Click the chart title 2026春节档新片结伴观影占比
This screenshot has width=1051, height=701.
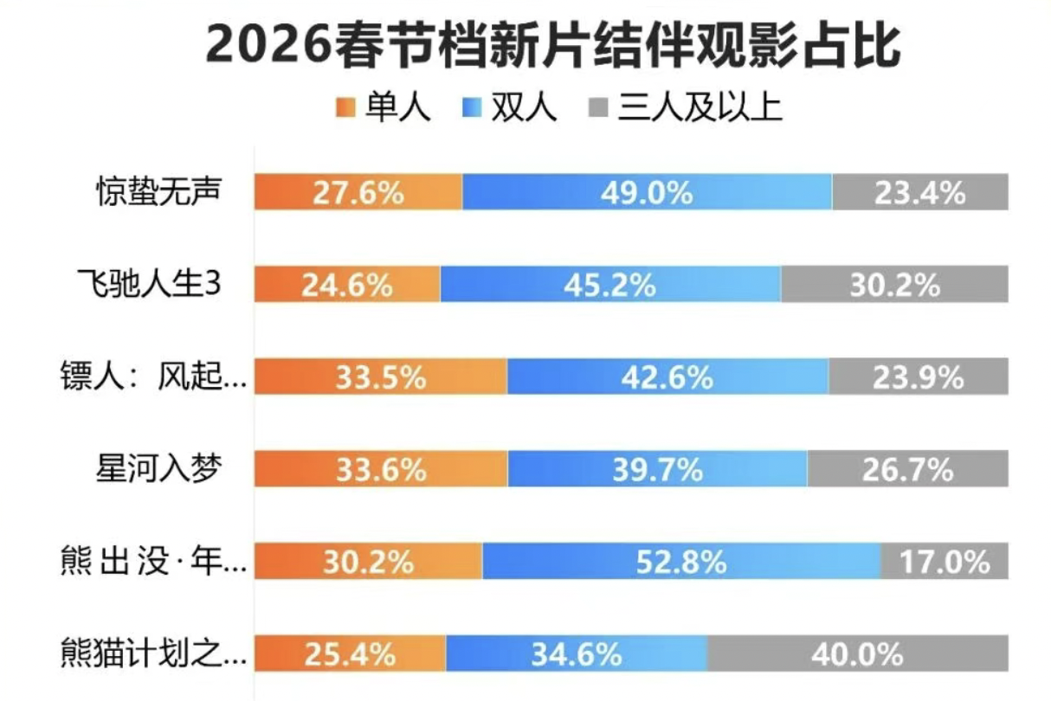553,45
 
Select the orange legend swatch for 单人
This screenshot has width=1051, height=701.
344,108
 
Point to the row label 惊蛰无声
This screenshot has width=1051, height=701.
158,192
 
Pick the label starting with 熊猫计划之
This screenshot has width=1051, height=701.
154,653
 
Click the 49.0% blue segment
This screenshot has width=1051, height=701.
647,192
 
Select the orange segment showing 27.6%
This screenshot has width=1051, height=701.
358,192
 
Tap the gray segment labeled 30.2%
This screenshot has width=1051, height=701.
894,285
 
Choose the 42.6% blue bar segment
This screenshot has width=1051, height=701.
667,377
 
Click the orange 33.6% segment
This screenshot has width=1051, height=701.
381,469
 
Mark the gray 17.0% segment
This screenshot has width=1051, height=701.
945,562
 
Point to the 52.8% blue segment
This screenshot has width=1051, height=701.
681,562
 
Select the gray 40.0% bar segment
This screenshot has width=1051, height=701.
857,653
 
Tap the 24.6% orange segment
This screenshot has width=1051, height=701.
347,285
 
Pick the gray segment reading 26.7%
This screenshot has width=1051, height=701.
907,469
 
